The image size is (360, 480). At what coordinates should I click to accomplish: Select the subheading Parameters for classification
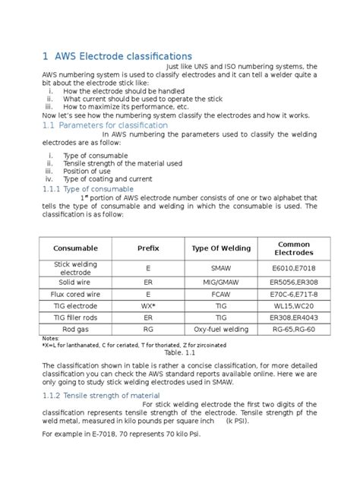click(x=113, y=124)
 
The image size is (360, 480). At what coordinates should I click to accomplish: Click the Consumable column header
click(x=75, y=248)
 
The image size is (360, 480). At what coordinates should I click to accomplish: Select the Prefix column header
click(x=148, y=248)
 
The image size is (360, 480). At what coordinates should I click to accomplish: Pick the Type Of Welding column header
click(x=221, y=248)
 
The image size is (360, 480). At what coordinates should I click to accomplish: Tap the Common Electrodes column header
click(x=293, y=248)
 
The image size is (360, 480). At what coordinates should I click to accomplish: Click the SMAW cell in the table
click(x=221, y=268)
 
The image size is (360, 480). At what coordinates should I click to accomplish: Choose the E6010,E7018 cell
click(x=293, y=268)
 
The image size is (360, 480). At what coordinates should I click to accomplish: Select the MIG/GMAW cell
click(x=221, y=281)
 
